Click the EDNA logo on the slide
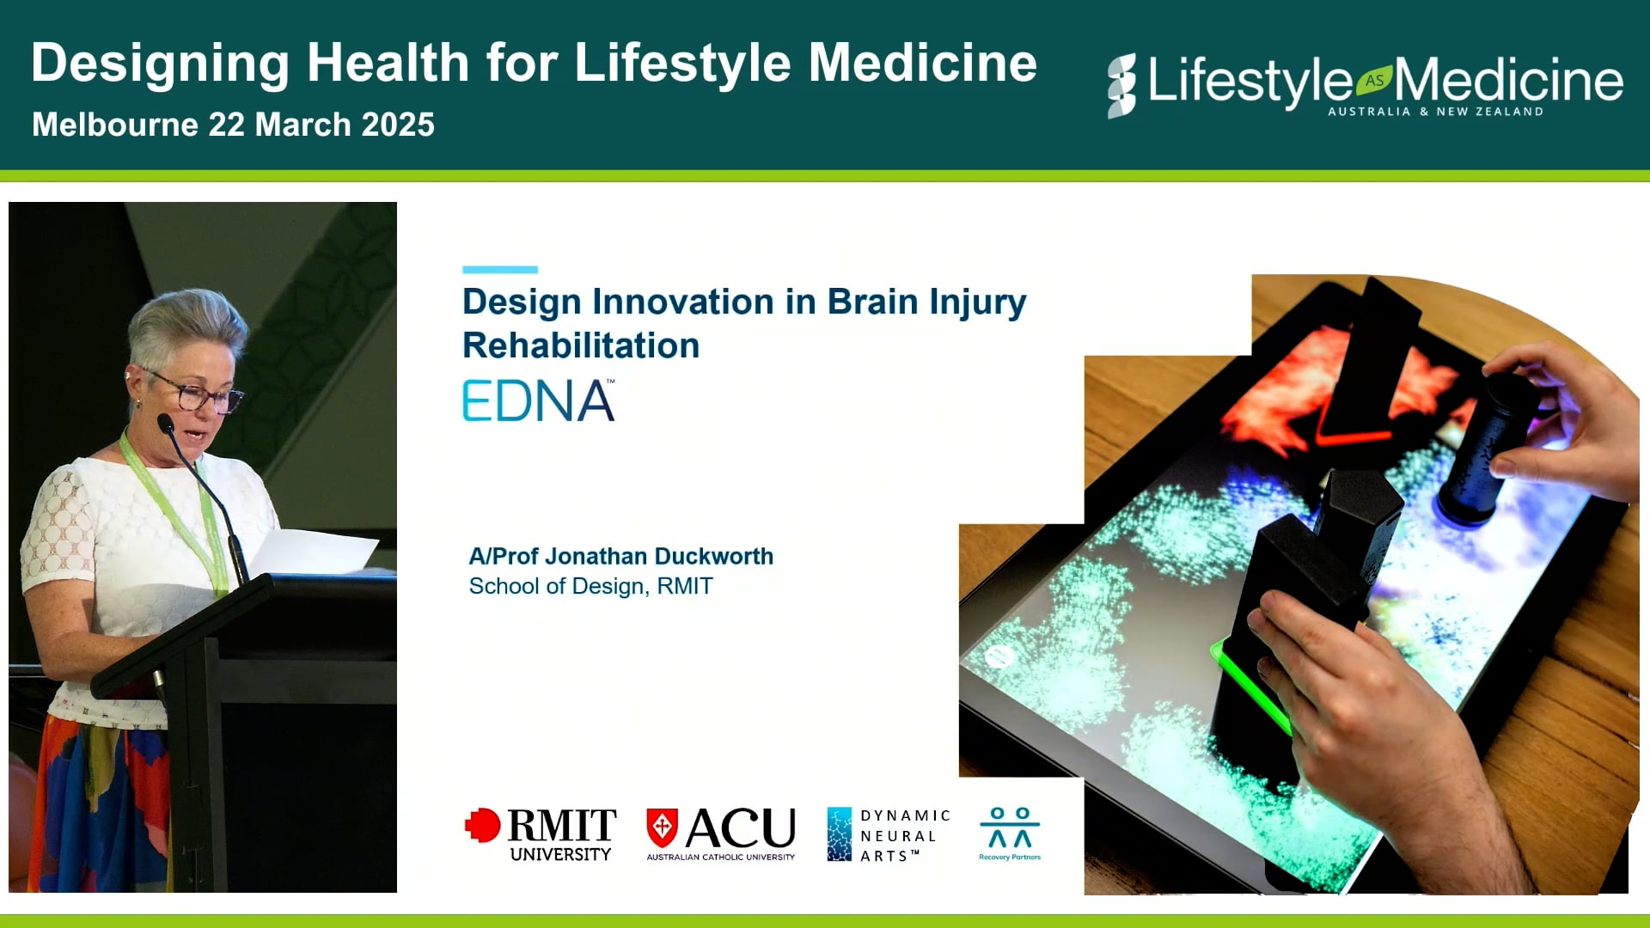[538, 400]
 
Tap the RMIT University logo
[541, 833]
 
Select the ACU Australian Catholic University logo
[721, 833]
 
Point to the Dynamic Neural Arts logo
[888, 834]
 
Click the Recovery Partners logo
[1010, 833]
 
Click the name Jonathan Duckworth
[658, 557]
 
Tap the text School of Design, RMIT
[590, 586]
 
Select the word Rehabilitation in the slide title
[581, 345]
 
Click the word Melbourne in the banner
[115, 125]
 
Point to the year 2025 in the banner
[398, 125]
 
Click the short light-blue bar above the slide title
[500, 270]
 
